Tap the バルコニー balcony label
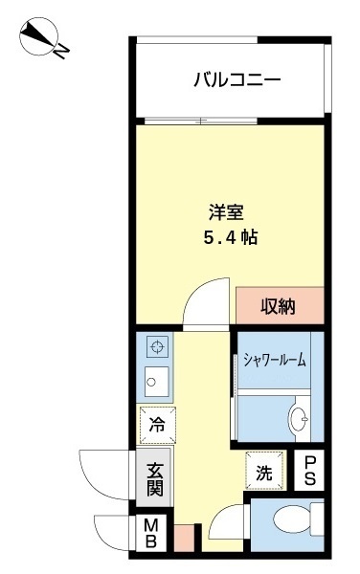pyautogui.click(x=236, y=80)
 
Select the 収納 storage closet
pyautogui.click(x=279, y=306)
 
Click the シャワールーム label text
pyautogui.click(x=275, y=361)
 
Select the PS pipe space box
pyautogui.click(x=309, y=470)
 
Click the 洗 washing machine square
pyautogui.click(x=263, y=470)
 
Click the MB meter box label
pyautogui.click(x=151, y=531)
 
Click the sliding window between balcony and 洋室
pyautogui.click(x=229, y=121)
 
